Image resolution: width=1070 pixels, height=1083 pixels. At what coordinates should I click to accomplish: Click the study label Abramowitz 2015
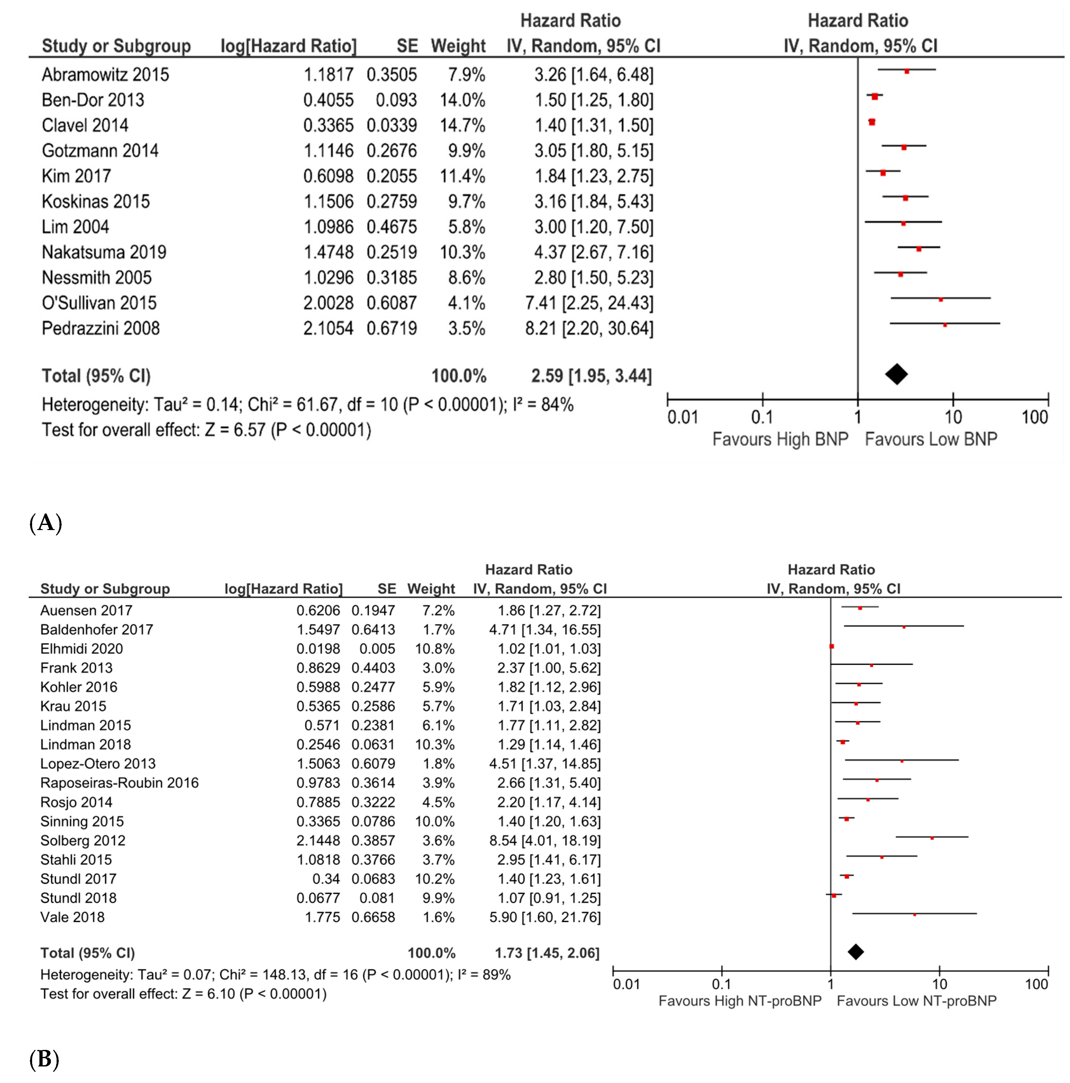tap(105, 74)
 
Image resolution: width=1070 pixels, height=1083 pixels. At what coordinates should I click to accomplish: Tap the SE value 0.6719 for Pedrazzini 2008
tap(392, 328)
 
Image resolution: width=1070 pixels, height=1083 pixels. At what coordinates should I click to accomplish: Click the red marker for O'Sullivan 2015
tap(941, 299)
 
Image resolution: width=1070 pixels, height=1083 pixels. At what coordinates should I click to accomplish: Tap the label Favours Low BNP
tap(930, 439)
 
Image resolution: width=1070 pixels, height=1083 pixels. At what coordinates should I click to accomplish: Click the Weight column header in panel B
tap(431, 589)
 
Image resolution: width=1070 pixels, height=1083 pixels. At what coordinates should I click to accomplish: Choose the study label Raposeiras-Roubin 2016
tap(119, 783)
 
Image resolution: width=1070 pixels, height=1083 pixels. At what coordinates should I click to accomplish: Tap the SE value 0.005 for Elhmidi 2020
tap(377, 649)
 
